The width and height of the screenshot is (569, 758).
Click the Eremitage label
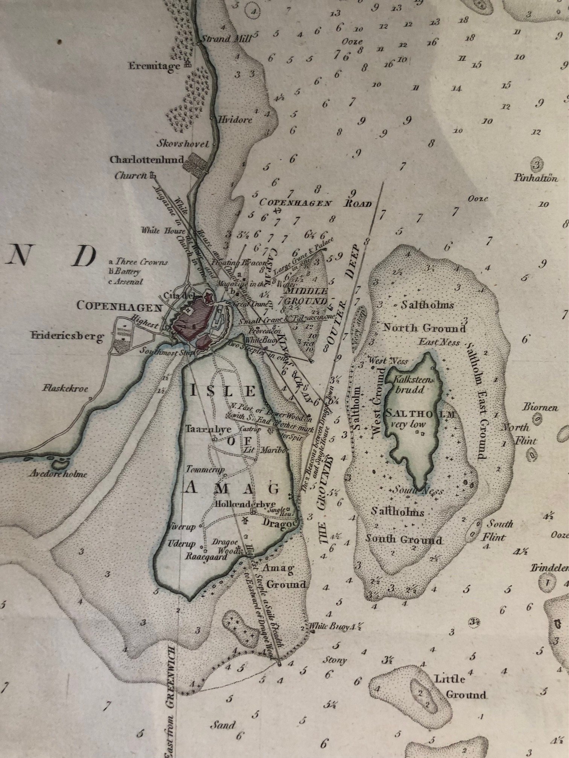154,66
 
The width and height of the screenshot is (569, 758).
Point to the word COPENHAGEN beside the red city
119,306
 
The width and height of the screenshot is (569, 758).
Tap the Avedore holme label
58,473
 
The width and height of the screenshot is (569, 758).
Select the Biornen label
540,407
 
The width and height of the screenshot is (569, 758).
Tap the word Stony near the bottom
335,660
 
